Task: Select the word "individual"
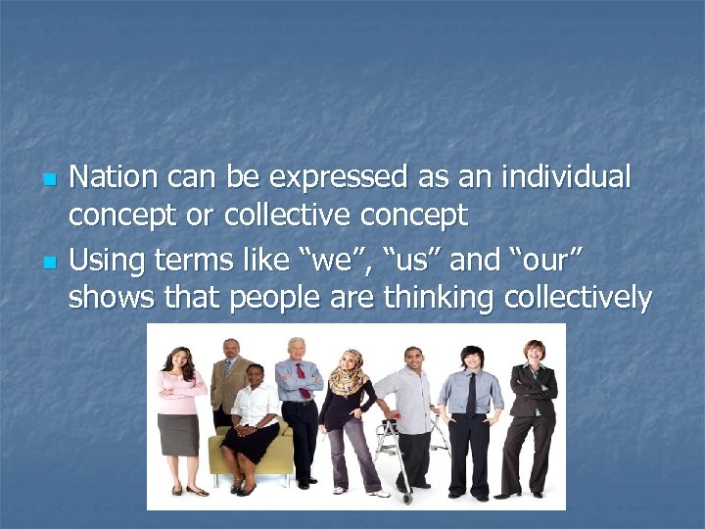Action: [x=565, y=177]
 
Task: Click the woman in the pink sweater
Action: [x=179, y=411]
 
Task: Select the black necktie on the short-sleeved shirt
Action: [x=471, y=394]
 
